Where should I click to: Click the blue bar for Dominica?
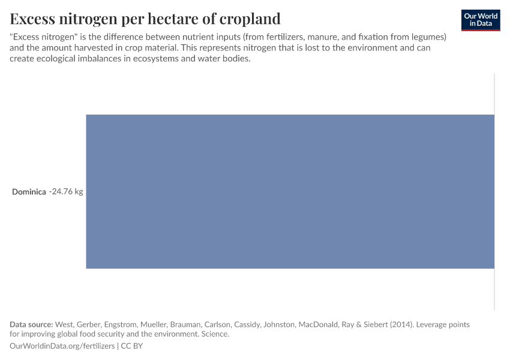pos(290,191)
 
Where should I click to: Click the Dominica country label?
pos(29,192)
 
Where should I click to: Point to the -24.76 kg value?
pos(66,192)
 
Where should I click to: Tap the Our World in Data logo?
pos(481,20)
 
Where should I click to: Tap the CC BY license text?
pos(133,346)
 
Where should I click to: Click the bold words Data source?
pos(31,325)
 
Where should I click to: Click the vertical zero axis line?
pos(494,191)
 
